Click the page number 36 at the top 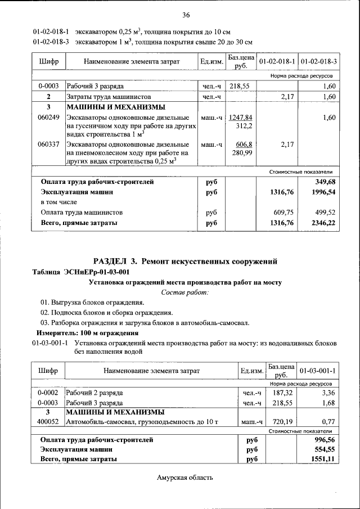point(186,15)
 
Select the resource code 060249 point(48,118)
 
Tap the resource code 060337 point(48,145)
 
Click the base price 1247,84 point(240,118)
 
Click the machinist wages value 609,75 point(283,213)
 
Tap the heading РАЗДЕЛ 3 point(115,261)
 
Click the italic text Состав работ point(185,292)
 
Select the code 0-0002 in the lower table point(48,393)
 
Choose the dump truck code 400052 point(48,421)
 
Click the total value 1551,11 point(323,460)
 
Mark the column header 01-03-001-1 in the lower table point(317,371)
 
